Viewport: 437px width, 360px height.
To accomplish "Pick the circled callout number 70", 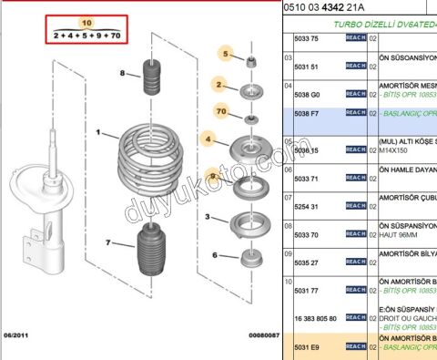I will click(220, 112).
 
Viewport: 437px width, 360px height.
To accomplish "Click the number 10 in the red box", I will click(86, 22).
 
